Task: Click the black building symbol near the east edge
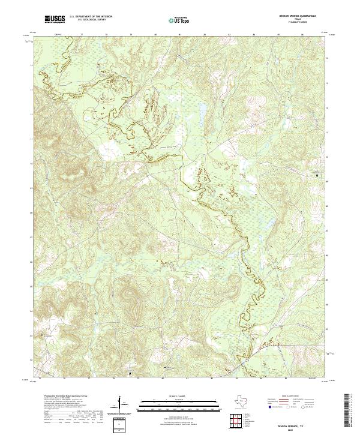[317, 175]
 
